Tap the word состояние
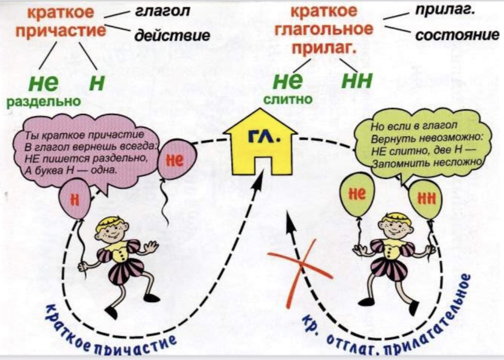(457, 35)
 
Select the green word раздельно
(43, 101)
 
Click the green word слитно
(287, 99)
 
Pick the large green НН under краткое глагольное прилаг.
(356, 81)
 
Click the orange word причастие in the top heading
(60, 31)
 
